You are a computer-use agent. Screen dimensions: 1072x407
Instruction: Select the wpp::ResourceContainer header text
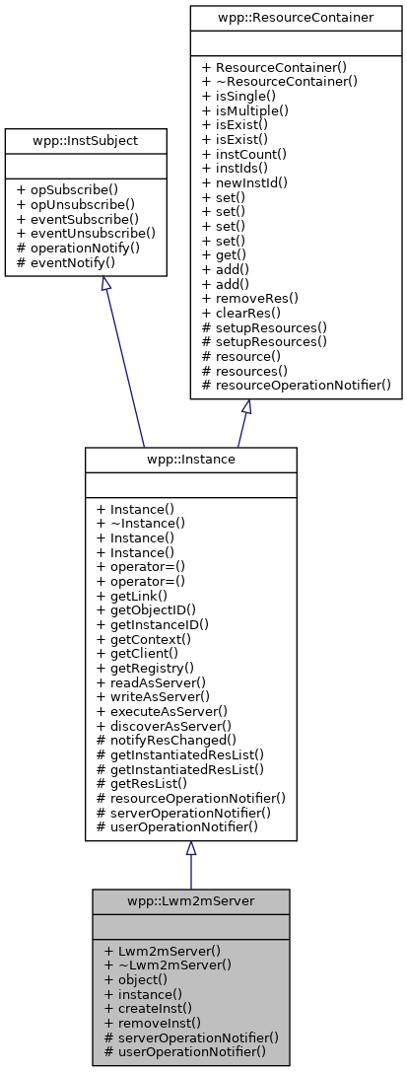[297, 17]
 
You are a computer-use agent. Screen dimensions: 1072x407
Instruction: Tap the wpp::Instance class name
[190, 460]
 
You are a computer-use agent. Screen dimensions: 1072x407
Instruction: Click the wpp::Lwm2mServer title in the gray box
[190, 901]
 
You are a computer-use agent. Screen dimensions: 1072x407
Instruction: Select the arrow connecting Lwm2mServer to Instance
[190, 868]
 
